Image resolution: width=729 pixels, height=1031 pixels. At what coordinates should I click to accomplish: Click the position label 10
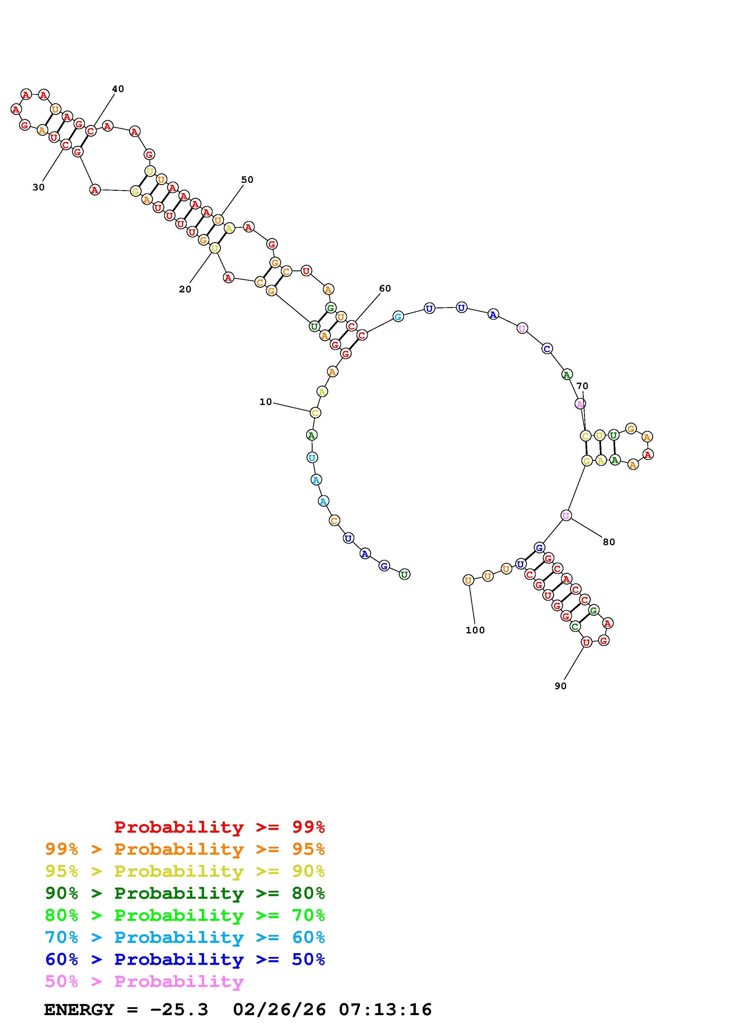coord(266,402)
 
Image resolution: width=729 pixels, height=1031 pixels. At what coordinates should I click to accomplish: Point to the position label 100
coord(475,630)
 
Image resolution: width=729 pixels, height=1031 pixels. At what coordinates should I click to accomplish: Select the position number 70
coord(582,386)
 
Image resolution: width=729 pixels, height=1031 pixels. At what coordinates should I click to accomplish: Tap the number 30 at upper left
coord(39,187)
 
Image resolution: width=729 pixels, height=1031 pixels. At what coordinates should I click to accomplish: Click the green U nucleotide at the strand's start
coord(404,574)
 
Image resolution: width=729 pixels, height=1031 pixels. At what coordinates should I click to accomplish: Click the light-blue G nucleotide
coord(398,317)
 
